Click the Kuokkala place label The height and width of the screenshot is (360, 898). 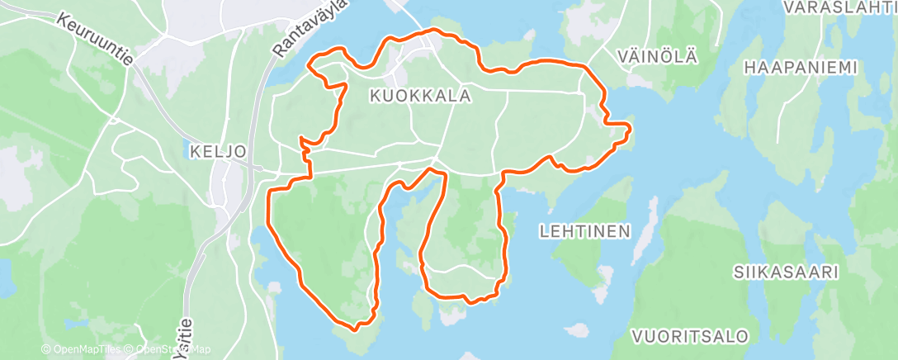coord(421,97)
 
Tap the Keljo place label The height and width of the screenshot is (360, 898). coord(218,152)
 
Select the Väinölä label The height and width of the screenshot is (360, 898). coord(657,57)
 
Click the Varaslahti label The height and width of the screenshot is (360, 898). coord(840,8)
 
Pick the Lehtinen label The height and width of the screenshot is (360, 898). coord(585,231)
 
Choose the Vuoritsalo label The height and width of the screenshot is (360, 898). coord(691,336)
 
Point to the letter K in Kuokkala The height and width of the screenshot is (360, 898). coord(376,97)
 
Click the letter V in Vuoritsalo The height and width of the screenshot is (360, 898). coord(638,336)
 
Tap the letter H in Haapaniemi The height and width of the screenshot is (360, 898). coord(749,67)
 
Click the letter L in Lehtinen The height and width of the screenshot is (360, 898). coord(544,231)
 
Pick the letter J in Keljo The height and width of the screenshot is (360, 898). coord(233,152)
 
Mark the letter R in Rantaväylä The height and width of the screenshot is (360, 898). coord(279,54)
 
